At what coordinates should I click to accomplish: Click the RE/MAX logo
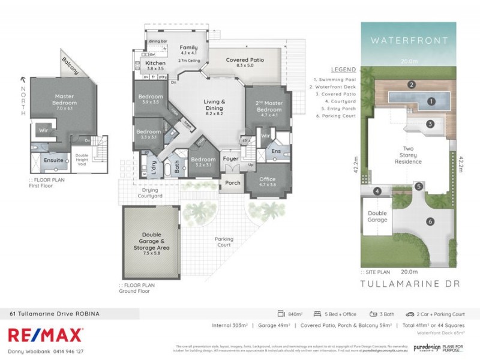(x=45, y=335)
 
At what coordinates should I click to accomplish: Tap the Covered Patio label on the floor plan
(x=245, y=60)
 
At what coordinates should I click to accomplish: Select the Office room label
(x=267, y=179)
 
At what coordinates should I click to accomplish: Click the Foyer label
(x=231, y=159)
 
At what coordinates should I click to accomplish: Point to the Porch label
(x=232, y=183)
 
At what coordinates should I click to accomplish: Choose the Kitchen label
(x=155, y=63)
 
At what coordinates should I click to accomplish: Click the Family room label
(x=188, y=47)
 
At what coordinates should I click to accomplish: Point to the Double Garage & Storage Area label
(x=151, y=241)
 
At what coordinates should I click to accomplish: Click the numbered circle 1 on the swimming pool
(x=431, y=101)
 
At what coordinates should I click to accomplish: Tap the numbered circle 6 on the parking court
(x=430, y=221)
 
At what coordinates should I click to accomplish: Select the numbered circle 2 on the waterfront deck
(x=412, y=85)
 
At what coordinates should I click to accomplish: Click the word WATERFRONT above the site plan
(x=409, y=41)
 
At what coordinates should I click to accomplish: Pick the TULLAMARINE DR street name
(x=409, y=283)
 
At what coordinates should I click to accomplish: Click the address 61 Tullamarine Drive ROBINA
(x=54, y=313)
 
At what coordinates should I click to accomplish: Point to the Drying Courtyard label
(x=149, y=193)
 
